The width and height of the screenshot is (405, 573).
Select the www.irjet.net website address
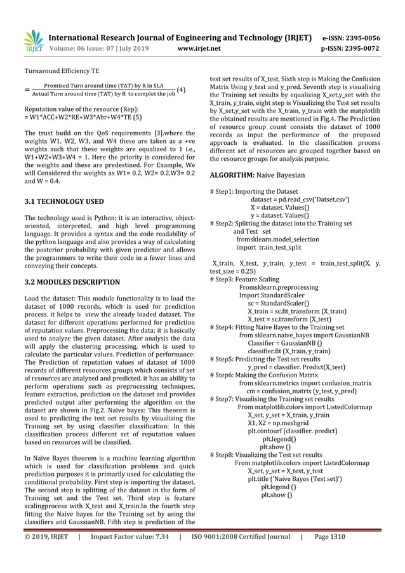point(199,48)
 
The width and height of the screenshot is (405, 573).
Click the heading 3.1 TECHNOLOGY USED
point(63,201)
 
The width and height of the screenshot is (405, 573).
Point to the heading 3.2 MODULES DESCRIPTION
point(71,281)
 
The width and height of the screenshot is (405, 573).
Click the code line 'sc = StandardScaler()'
point(277,303)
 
